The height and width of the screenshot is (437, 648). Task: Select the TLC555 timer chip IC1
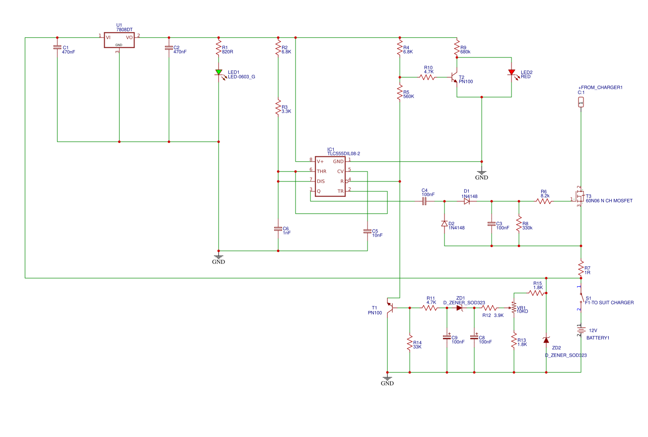click(328, 177)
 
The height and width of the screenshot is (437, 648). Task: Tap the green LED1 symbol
click(218, 72)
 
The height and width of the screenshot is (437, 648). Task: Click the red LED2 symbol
click(511, 72)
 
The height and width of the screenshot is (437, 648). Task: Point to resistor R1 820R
click(218, 48)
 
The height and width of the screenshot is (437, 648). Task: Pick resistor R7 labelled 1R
click(581, 268)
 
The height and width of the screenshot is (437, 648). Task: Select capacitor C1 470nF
click(57, 48)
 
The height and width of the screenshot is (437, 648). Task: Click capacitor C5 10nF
click(367, 231)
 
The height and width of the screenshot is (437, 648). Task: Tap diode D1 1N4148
click(467, 201)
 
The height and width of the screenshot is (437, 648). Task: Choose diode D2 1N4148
click(444, 224)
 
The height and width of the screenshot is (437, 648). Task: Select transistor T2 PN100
click(454, 77)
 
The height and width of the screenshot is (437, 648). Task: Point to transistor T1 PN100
click(390, 308)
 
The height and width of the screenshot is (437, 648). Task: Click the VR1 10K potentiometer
click(514, 308)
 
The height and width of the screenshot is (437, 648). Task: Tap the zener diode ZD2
click(546, 340)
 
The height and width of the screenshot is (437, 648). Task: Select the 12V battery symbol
click(581, 330)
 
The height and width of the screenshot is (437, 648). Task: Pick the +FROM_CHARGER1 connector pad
click(581, 102)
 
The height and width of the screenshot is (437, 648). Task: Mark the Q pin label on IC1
click(319, 191)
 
